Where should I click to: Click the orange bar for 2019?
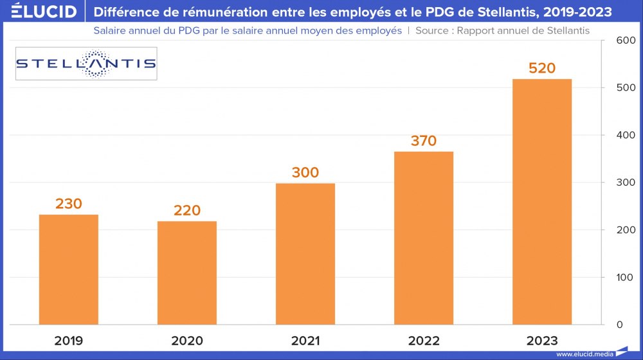(x=69, y=269)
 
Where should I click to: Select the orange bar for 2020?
(x=187, y=273)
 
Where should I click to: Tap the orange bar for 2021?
(x=305, y=254)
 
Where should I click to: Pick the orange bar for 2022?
(x=424, y=238)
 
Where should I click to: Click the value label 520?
(x=542, y=67)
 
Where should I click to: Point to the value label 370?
(x=424, y=141)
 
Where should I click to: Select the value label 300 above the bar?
(x=305, y=172)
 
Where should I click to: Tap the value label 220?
(x=187, y=210)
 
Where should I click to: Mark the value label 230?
(x=69, y=204)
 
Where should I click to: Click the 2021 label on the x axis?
(x=305, y=341)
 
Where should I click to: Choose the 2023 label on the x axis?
(x=542, y=341)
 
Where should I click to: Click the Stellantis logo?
(x=86, y=64)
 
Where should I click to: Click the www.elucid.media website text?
(x=584, y=354)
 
